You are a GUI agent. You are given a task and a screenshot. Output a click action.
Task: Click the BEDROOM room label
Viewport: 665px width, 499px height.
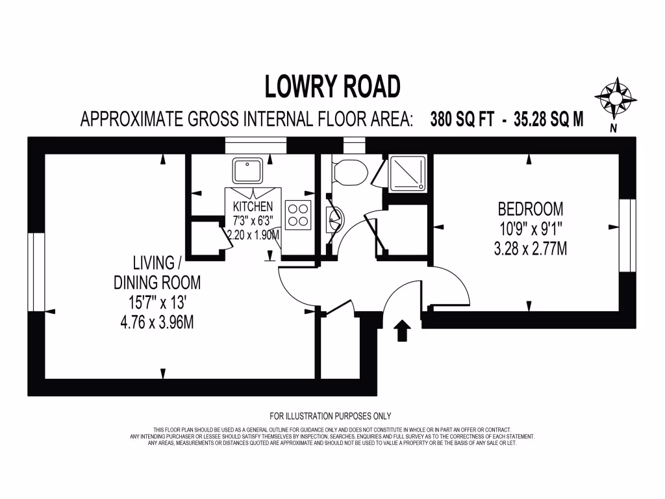pyautogui.click(x=530, y=209)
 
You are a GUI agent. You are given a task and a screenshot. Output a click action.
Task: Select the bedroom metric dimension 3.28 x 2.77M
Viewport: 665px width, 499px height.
pyautogui.click(x=530, y=248)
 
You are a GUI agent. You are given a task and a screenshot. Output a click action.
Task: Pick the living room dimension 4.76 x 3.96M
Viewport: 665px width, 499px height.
pyautogui.click(x=157, y=321)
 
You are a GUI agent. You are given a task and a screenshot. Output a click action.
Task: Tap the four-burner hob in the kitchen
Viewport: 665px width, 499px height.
pyautogui.click(x=298, y=215)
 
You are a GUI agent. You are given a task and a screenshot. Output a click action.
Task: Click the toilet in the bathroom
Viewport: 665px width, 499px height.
pyautogui.click(x=349, y=172)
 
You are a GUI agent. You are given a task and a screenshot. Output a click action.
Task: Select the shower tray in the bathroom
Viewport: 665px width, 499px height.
pyautogui.click(x=408, y=173)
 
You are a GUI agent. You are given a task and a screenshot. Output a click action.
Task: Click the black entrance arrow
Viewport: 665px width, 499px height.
pyautogui.click(x=403, y=330)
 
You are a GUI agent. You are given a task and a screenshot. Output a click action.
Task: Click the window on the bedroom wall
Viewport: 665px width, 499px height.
pyautogui.click(x=627, y=234)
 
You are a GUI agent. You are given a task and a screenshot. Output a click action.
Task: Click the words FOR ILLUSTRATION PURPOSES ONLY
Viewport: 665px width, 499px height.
pyautogui.click(x=330, y=416)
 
